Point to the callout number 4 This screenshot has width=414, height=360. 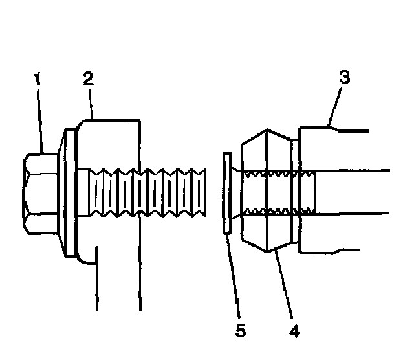pos(294,331)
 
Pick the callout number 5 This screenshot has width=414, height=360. pos(240,331)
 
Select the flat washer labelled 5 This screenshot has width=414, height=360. pos(226,192)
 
